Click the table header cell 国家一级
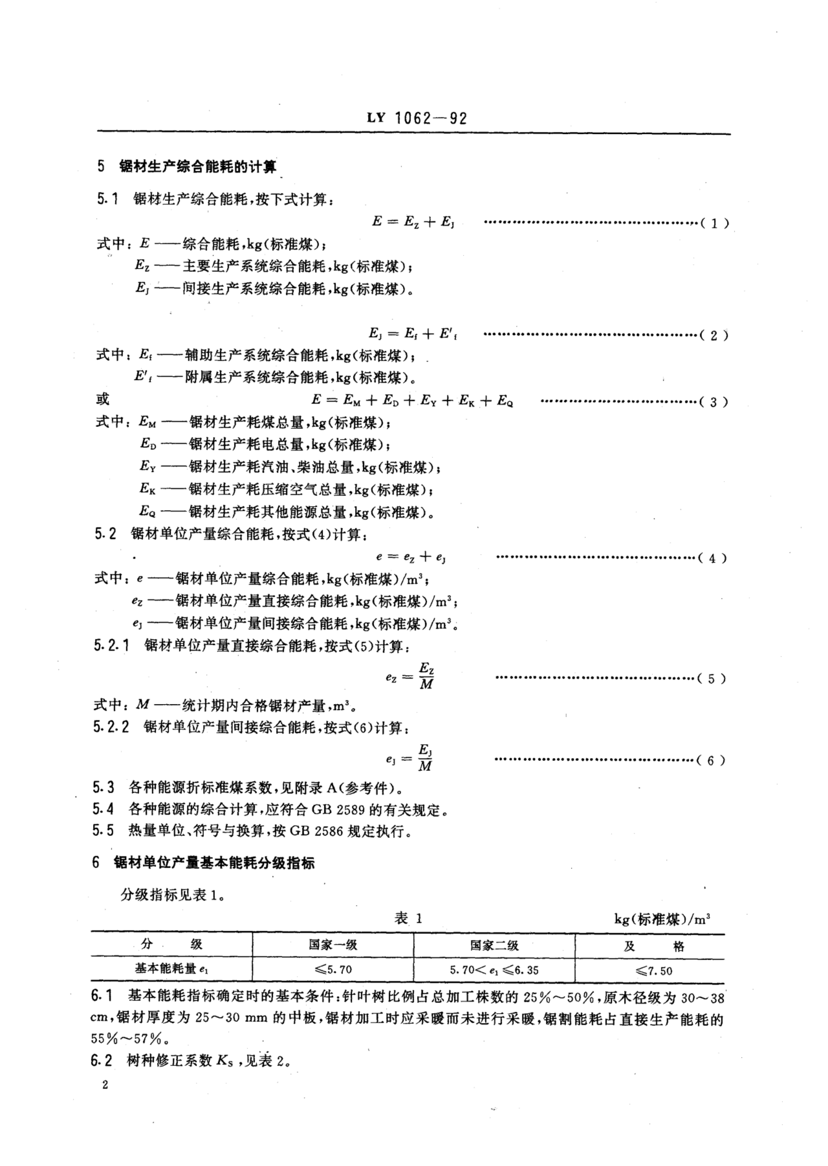(x=333, y=945)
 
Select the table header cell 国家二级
(x=494, y=945)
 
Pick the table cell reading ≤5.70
(x=333, y=969)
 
